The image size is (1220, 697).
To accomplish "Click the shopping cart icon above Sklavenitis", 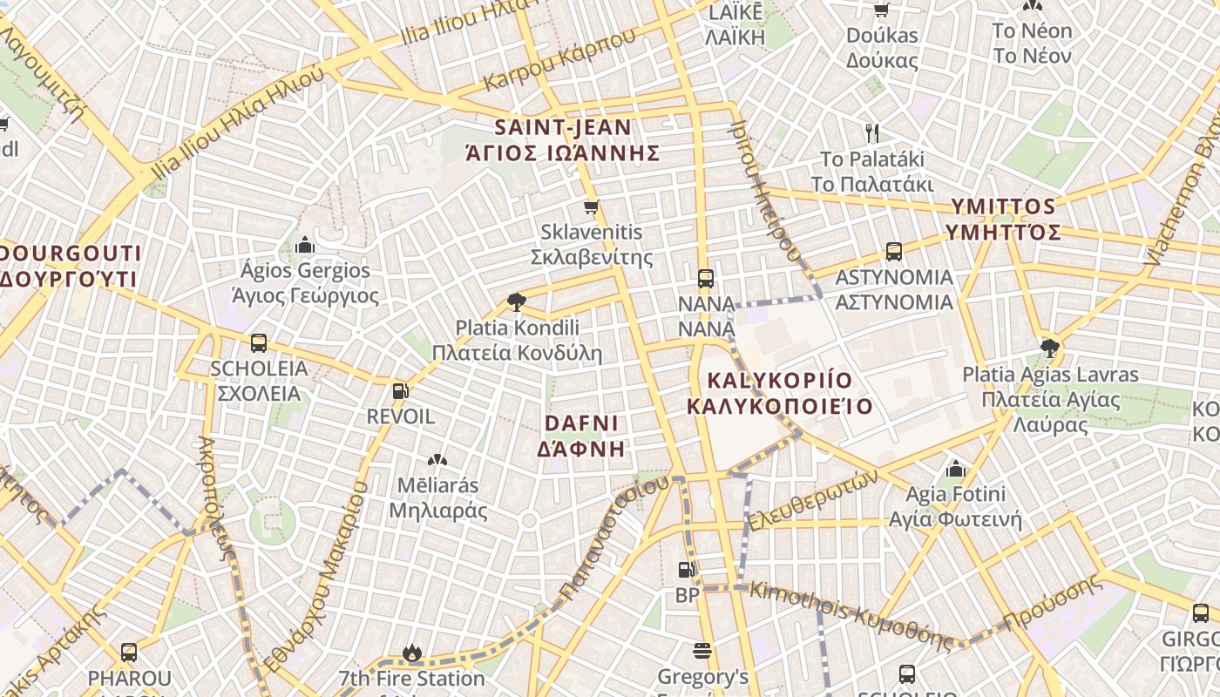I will (x=592, y=207).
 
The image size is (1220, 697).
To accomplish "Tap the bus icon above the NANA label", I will (x=706, y=279).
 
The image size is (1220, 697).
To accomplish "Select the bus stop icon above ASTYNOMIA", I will (x=893, y=252).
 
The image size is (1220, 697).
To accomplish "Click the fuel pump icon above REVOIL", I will (x=400, y=391).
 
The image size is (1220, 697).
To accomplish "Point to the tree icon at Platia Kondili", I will (x=517, y=302).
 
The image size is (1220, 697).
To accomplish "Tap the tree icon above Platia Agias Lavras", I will (x=1050, y=348).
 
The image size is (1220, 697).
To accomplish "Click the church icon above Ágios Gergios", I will (x=305, y=245).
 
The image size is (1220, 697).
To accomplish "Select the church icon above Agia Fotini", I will (x=956, y=469).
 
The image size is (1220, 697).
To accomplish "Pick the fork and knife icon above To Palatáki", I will (x=872, y=133).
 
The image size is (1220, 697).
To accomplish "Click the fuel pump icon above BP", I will (x=687, y=570).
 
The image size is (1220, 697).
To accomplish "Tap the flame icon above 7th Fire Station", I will (x=411, y=653).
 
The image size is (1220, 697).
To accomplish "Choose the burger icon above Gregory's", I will (x=702, y=651).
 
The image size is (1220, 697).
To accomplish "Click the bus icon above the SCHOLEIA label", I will (x=259, y=343).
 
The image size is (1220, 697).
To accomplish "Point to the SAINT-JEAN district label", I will (x=563, y=127).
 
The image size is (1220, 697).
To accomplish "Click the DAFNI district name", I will (x=581, y=423).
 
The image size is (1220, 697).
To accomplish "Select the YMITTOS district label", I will (x=1003, y=207).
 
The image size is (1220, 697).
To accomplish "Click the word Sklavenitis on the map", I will (x=592, y=233).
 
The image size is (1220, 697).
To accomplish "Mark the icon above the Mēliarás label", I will (x=437, y=459).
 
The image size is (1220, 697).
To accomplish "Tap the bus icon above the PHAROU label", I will (x=129, y=652).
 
